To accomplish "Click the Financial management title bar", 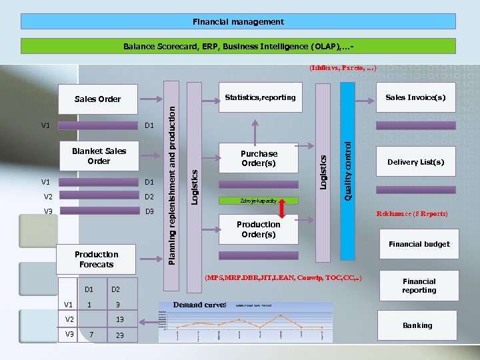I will [238, 22].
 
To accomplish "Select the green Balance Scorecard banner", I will [238, 47].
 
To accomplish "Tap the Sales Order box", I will [97, 99].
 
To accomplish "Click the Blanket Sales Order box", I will [98, 156].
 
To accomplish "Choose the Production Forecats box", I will [96, 259].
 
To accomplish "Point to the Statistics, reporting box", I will [260, 98].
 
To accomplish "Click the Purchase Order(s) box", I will [259, 159].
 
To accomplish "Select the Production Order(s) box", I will [259, 229].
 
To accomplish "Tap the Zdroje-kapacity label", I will [258, 201].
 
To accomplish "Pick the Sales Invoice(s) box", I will [415, 98].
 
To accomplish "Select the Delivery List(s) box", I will [415, 162].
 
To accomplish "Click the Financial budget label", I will [419, 244].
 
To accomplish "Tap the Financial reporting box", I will [419, 286].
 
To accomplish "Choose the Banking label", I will [417, 325].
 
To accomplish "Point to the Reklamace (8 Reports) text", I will [411, 214].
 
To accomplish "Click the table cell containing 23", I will [119, 335].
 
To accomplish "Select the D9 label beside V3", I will [149, 211].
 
